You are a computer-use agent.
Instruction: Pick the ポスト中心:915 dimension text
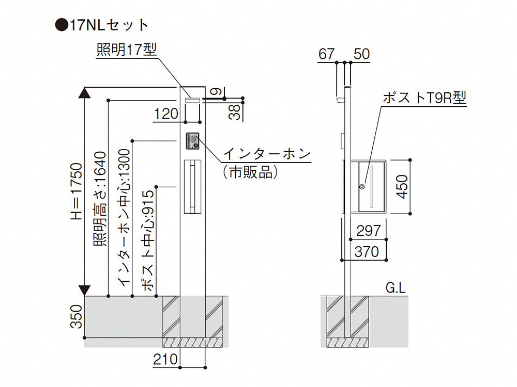(x=148, y=240)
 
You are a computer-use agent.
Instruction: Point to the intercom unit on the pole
(x=192, y=141)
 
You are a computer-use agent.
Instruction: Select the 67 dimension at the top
(x=327, y=53)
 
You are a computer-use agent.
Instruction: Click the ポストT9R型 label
(x=424, y=98)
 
